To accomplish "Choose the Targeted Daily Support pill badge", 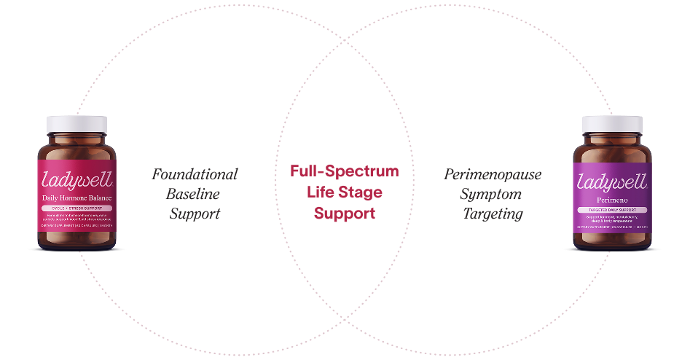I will tap(611, 208).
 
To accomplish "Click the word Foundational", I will tap(195, 175).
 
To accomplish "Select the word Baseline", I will tap(195, 194).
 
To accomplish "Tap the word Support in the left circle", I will tap(195, 214).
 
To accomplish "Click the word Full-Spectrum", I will tap(345, 171).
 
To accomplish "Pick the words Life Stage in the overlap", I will tap(345, 192).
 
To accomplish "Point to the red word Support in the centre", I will tap(345, 214).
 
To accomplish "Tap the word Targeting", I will tap(493, 214).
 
